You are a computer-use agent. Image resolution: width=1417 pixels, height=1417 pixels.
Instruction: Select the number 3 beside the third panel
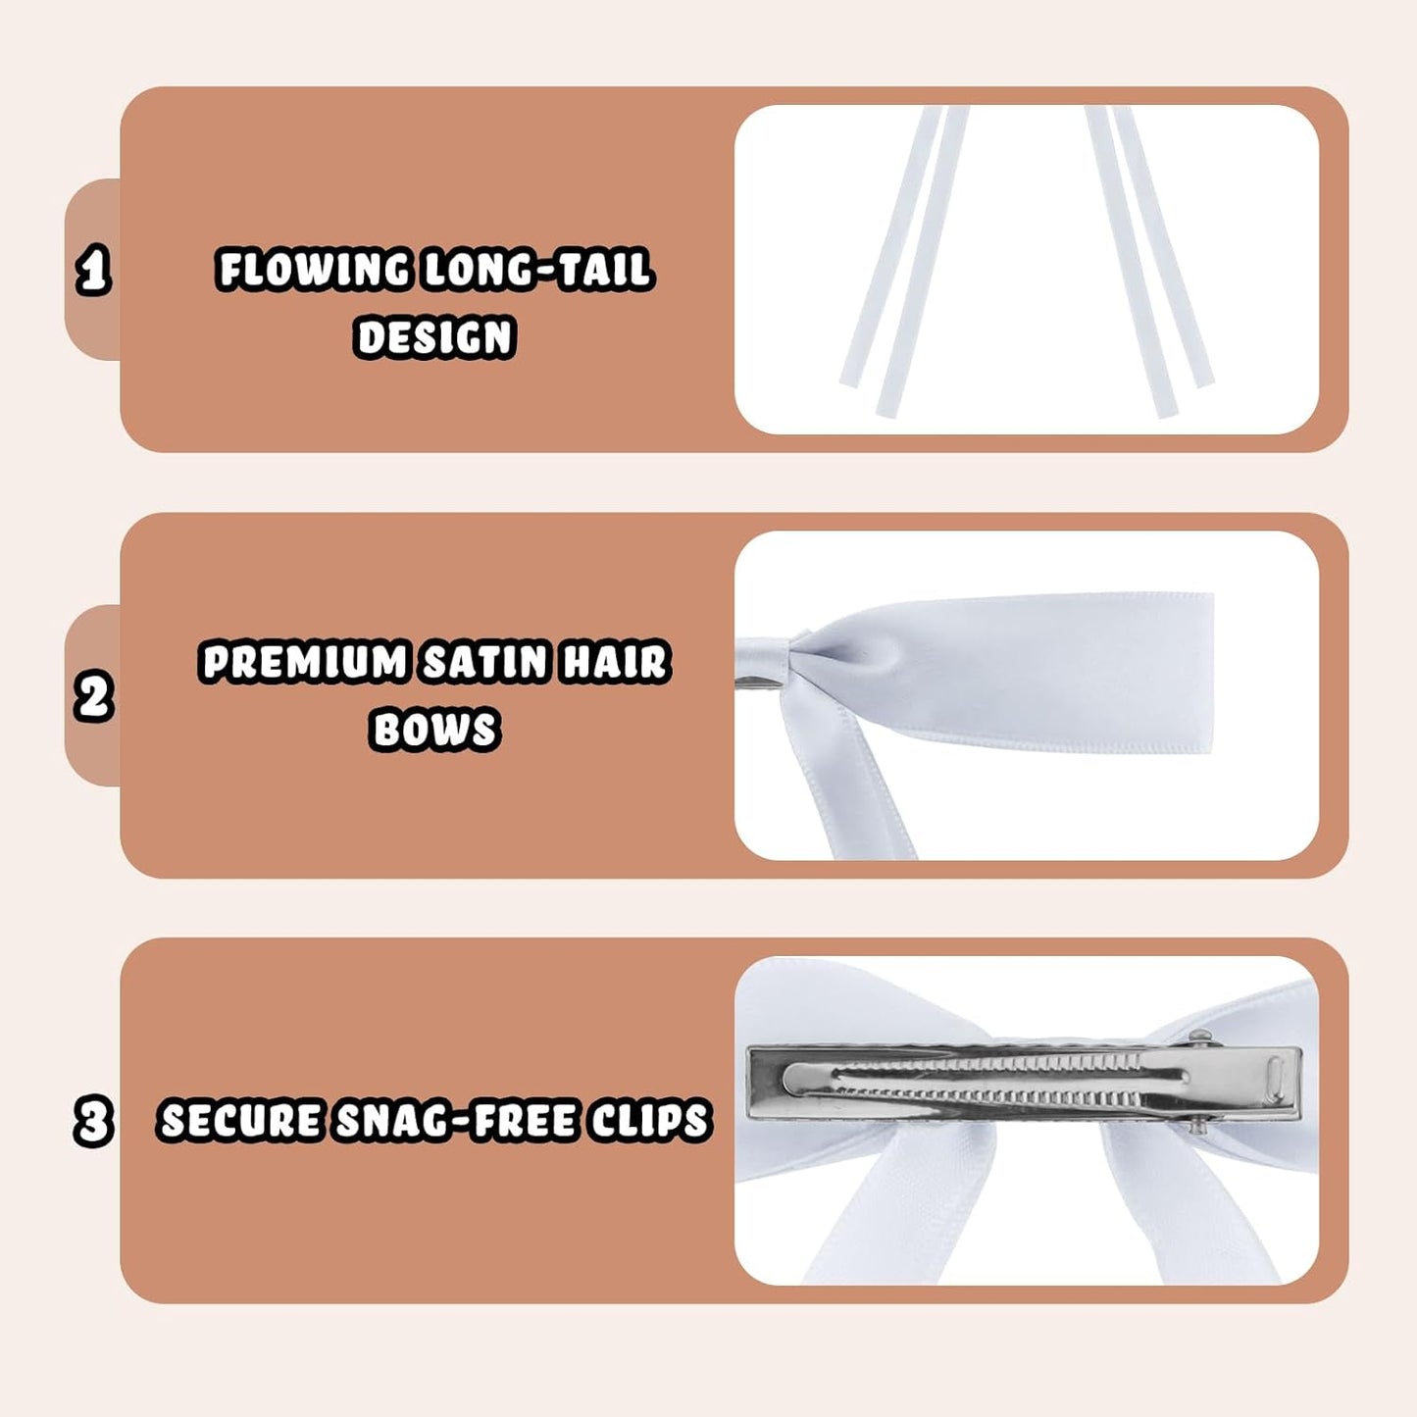(94, 1121)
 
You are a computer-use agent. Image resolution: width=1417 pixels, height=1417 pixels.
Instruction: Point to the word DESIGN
(434, 337)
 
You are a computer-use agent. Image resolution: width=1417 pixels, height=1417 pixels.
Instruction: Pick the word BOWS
(434, 730)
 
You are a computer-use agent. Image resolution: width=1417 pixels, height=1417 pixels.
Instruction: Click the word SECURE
(239, 1121)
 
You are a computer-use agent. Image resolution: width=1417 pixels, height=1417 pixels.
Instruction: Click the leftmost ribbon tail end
(850, 382)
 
